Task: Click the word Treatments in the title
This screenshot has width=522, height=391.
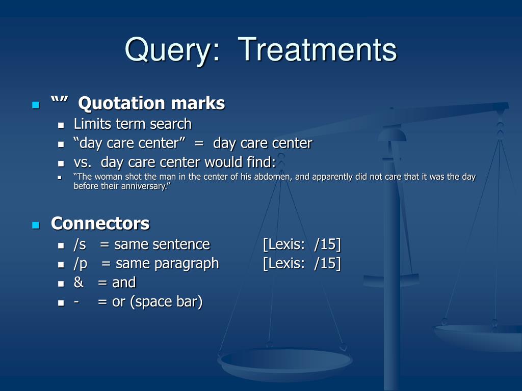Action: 317,49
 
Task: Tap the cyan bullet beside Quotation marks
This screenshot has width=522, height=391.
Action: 36,105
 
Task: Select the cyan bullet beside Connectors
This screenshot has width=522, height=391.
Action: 36,226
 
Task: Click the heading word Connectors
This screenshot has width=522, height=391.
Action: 100,223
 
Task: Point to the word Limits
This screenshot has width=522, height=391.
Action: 93,124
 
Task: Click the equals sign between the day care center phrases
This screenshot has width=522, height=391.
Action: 199,144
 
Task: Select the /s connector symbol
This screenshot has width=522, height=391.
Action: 80,244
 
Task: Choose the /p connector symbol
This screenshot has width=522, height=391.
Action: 81,264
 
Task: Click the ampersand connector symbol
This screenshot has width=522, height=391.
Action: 79,282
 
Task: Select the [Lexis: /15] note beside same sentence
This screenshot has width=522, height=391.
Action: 302,244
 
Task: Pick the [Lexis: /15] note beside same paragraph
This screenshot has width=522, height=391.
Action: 302,264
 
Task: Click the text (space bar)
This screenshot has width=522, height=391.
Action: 166,302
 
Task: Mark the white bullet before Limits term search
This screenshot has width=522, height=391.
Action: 61,125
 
